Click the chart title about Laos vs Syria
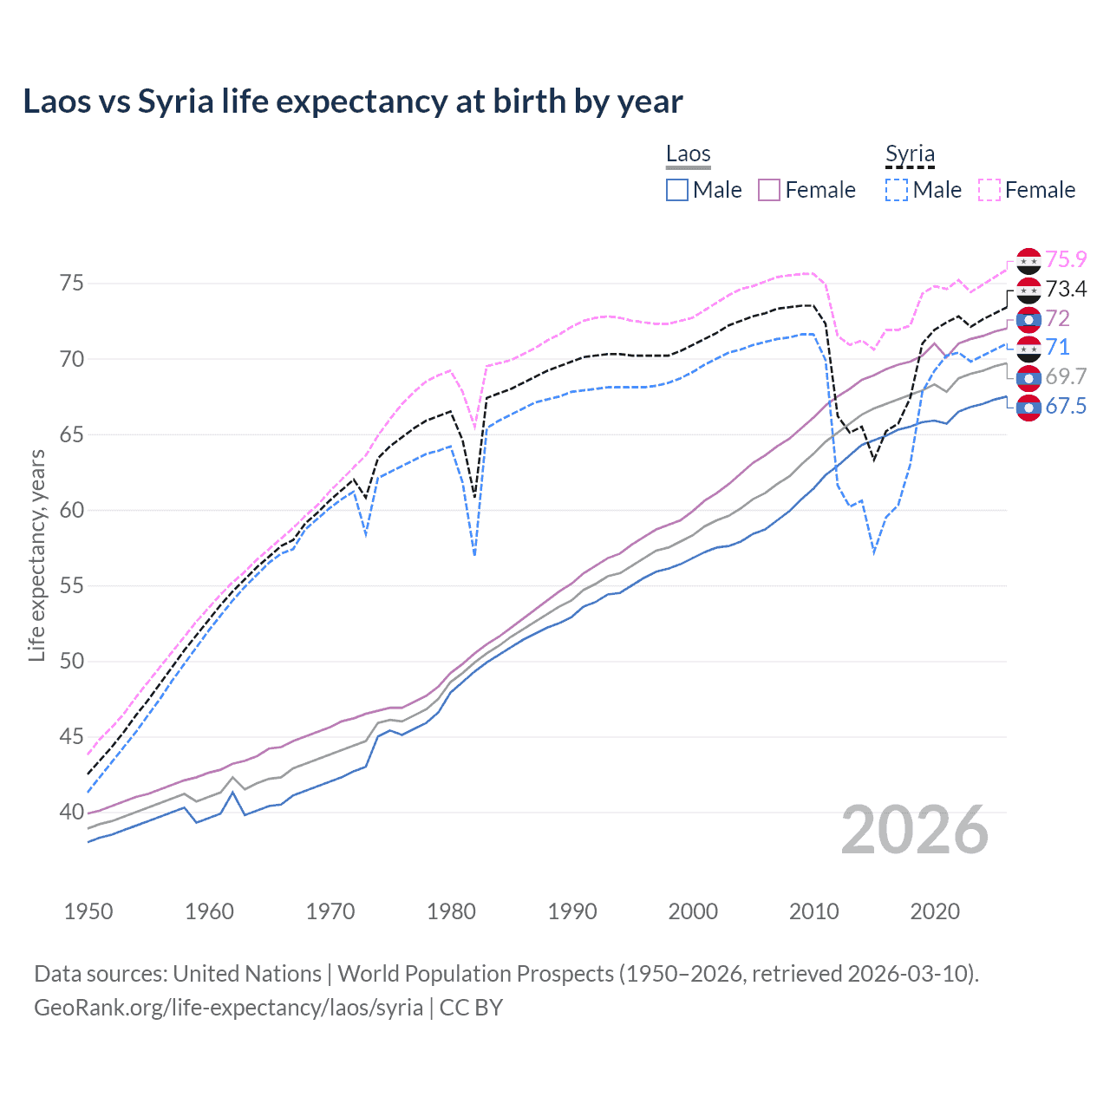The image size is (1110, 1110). click(352, 101)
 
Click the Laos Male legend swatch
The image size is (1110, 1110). click(677, 190)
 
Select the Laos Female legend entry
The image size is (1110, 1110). click(806, 190)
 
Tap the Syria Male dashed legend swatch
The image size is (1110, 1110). click(897, 190)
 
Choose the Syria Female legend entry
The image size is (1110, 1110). click(1027, 190)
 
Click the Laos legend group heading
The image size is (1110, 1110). click(688, 154)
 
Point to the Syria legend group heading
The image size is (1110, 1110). click(910, 154)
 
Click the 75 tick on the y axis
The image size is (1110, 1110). click(72, 284)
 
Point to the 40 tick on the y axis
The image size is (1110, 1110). click(72, 813)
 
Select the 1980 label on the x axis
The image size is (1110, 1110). click(451, 911)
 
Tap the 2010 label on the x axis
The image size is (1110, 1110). click(813, 911)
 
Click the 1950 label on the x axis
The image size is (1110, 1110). click(88, 911)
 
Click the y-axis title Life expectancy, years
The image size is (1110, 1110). click(36, 555)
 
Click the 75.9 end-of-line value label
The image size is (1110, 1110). click(1066, 259)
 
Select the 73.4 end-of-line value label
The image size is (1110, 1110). click(1066, 289)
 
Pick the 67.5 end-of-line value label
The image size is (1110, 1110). click(1066, 407)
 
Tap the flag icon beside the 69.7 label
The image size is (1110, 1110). click(1028, 378)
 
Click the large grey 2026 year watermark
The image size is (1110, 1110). click(915, 830)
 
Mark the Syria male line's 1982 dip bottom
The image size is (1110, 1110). click(474, 554)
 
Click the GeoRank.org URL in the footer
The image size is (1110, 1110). click(228, 1008)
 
